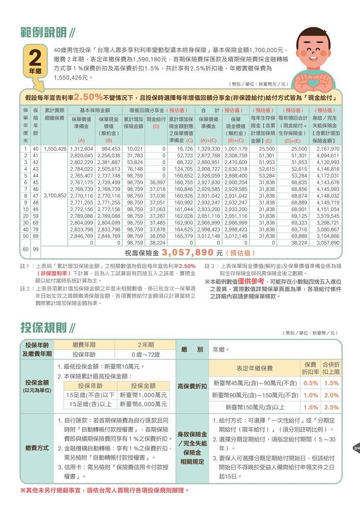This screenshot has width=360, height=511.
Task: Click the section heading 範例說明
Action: point(44,33)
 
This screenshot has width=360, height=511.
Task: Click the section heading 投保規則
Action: point(44,327)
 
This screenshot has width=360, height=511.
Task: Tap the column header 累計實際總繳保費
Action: point(55,114)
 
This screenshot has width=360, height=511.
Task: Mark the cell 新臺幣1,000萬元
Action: point(143,395)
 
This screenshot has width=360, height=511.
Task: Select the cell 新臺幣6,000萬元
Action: point(143,404)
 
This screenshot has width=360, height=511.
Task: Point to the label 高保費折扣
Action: point(192,386)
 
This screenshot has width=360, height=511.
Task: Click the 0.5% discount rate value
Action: point(311,383)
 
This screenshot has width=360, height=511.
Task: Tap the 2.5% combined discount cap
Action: point(331,407)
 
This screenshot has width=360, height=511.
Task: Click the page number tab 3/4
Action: point(356,448)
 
